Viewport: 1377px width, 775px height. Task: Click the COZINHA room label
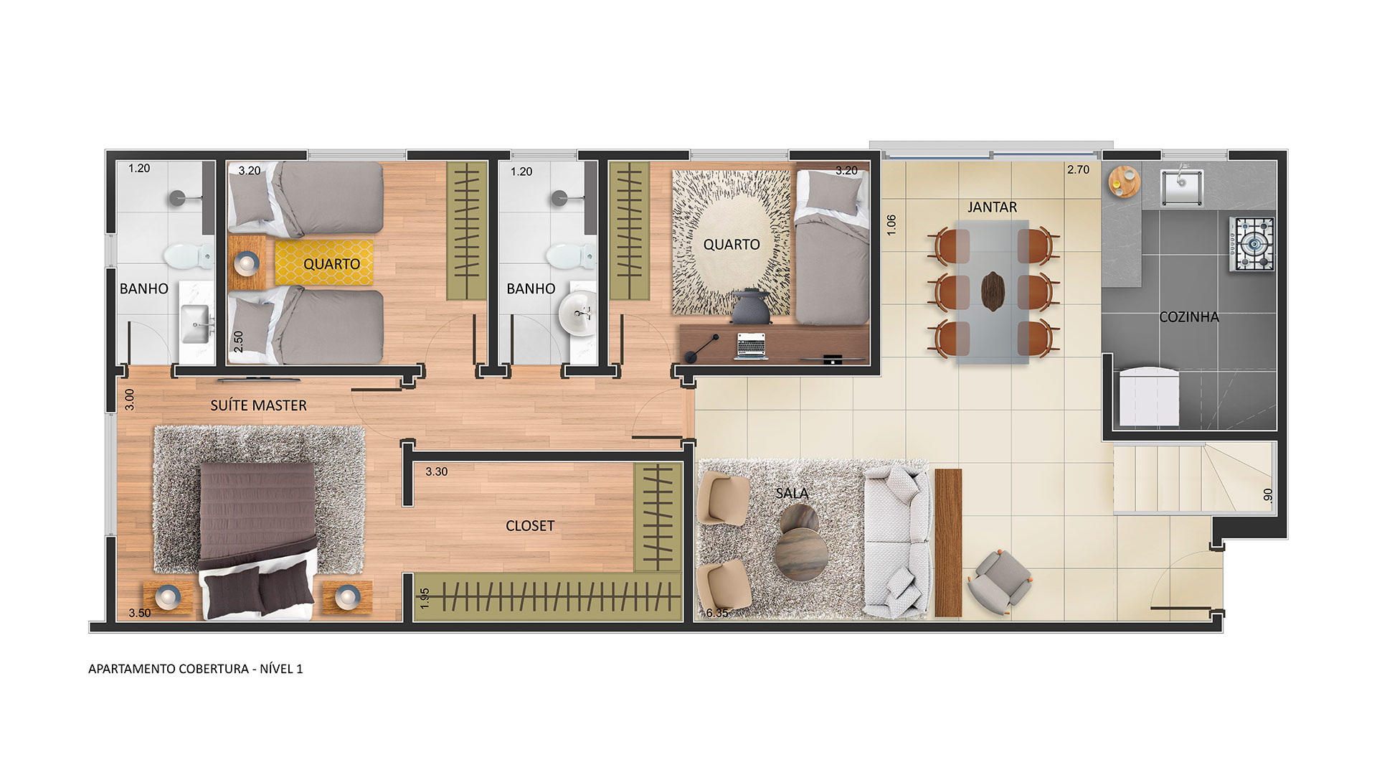(1189, 316)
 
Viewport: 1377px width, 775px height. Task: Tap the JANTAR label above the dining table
(992, 207)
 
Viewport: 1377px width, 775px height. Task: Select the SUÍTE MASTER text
(258, 405)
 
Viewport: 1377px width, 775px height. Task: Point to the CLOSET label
(530, 526)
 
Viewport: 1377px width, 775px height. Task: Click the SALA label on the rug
(792, 494)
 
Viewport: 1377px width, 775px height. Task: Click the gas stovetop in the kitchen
(1252, 245)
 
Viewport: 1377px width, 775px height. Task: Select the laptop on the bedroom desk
(751, 346)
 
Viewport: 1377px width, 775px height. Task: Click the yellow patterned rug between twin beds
(323, 263)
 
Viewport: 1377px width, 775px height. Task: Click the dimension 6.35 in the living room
(717, 613)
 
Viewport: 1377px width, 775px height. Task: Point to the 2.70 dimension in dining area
(1078, 170)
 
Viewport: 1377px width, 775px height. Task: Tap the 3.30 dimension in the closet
(436, 471)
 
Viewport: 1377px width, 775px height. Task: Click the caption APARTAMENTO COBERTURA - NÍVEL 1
(195, 669)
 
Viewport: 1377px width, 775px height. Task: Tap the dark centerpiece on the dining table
(993, 291)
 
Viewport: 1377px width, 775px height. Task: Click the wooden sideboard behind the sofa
(948, 542)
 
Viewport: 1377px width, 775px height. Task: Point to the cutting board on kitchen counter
(1124, 181)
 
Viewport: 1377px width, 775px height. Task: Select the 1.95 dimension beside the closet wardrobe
(424, 598)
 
